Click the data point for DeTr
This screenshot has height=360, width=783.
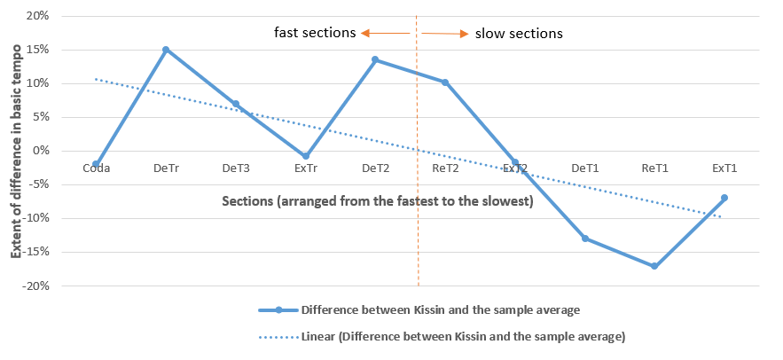[166, 50]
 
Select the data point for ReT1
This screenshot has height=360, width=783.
[654, 266]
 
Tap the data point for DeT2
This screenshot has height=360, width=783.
[375, 59]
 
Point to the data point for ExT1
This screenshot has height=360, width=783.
[724, 198]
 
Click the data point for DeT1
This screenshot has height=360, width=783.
[585, 239]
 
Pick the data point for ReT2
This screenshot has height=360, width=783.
[445, 82]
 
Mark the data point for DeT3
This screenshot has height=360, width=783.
[236, 104]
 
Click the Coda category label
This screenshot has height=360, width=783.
[96, 167]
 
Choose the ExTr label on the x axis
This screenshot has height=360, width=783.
[305, 167]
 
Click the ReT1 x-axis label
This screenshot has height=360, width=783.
[654, 167]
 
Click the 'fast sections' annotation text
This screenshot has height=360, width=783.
[316, 34]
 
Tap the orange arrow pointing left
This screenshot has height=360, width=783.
[384, 34]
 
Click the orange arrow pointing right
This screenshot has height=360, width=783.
[444, 34]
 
